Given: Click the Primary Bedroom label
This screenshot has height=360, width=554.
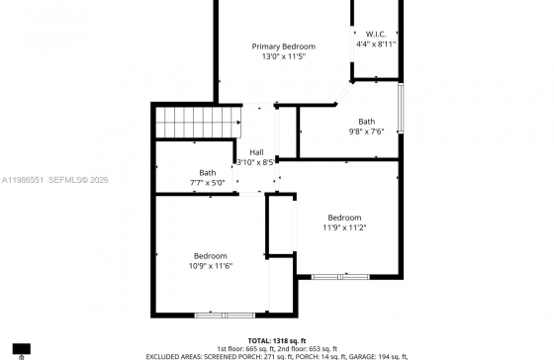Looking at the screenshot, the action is [283, 46].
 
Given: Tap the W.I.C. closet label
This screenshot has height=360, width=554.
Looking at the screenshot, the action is [376, 34].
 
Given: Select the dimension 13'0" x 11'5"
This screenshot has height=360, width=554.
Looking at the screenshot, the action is [283, 56].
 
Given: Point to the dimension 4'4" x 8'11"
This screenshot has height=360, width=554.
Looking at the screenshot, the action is [376, 45].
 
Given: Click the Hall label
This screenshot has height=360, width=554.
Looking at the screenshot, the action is [256, 152].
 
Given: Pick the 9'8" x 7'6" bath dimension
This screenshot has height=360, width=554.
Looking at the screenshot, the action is [366, 132].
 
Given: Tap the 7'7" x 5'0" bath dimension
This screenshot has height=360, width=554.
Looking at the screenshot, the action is [208, 183].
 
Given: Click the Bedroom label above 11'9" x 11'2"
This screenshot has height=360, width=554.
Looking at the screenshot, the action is [344, 218].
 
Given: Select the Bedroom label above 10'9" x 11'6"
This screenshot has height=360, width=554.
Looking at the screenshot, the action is [210, 256].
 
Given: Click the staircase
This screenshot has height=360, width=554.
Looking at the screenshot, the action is [198, 123].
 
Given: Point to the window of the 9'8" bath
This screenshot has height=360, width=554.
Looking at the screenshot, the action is [401, 108].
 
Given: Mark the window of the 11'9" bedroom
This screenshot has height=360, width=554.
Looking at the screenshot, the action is [340, 277].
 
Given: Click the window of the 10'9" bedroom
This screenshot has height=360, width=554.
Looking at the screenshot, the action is [225, 315].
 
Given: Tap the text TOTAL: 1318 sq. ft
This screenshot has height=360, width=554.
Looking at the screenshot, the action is [277, 341].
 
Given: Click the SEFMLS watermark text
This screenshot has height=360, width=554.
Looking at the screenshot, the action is [78, 180].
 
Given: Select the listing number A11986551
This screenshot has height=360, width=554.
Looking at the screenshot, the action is [23, 180].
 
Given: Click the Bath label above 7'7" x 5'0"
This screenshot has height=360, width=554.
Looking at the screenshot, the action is [208, 173].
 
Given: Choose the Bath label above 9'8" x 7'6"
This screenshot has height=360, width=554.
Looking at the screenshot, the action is [367, 122].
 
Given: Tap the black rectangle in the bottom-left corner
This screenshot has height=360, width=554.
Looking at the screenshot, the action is [22, 349].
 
